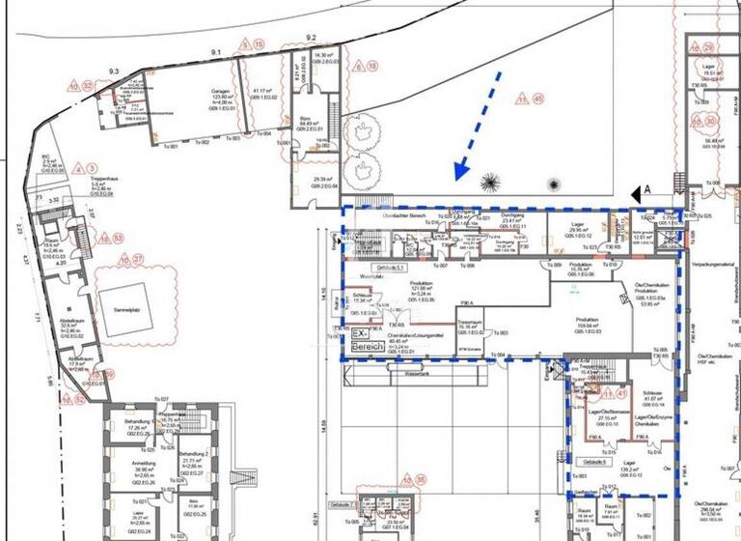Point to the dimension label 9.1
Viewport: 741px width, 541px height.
pos(216,51)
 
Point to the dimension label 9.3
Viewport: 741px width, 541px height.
pos(113,72)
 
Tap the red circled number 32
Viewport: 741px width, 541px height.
pos(90,86)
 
